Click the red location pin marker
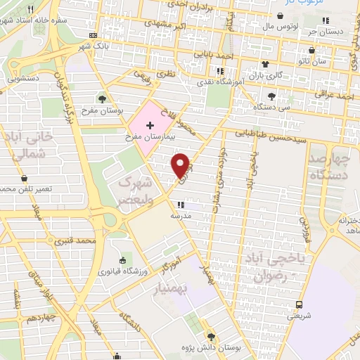tap(181, 165)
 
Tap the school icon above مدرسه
tap(192, 205)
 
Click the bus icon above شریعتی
tap(300, 305)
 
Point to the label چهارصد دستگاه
tap(328, 166)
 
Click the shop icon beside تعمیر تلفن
tap(25, 179)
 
